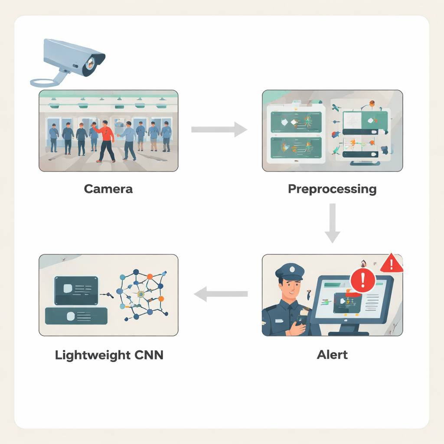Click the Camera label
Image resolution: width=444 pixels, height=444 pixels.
108,189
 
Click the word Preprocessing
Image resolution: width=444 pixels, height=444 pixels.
332,189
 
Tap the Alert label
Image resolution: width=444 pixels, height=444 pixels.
332,354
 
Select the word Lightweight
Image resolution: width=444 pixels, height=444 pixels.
93,355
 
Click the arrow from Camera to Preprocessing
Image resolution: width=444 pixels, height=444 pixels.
219,129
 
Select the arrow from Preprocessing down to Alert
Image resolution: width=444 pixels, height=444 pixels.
332,223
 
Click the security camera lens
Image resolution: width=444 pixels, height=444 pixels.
91,64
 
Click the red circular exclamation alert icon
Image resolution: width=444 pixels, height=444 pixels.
362,280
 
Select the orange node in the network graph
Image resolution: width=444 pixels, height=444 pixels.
161,299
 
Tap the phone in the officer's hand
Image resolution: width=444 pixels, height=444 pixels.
300,323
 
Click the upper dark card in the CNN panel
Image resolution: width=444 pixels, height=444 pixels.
76,290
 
